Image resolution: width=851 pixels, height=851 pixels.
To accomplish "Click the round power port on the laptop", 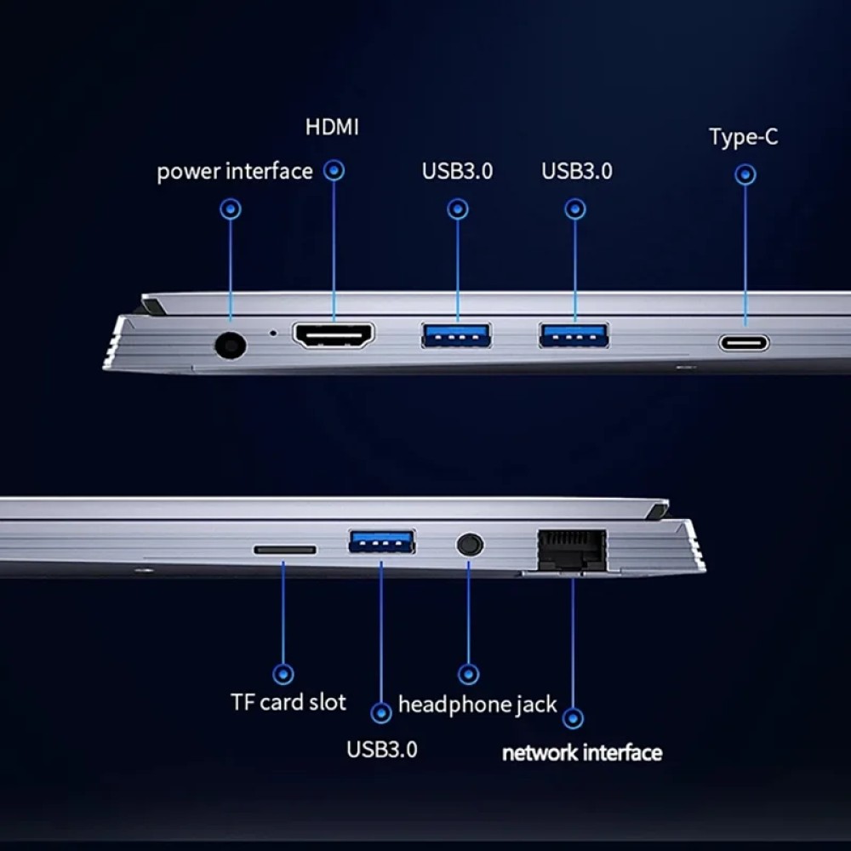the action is (x=231, y=346).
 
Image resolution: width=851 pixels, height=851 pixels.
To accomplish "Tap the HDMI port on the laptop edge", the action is (x=334, y=335).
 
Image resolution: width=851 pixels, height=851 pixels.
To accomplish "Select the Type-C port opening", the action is (x=744, y=343).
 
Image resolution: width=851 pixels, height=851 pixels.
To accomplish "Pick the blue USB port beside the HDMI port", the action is (x=457, y=334).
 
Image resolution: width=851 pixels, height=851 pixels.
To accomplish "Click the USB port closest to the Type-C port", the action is (x=574, y=334).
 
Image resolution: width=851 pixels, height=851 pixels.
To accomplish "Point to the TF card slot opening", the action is (x=285, y=550).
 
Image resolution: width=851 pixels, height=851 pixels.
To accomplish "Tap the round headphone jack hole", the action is (x=470, y=545).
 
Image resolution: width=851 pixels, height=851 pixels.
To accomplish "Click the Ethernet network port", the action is (x=572, y=550).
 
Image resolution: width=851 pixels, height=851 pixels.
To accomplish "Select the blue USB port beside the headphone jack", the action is (x=382, y=541).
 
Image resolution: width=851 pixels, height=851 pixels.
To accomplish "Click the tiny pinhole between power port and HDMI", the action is (x=273, y=334).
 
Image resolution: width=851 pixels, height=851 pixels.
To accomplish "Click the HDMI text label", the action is (x=332, y=127).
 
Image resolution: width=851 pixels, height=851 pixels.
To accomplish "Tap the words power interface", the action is (x=235, y=172).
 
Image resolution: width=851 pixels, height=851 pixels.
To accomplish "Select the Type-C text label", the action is (x=744, y=137).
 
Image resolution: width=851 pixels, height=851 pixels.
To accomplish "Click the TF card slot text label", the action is (x=288, y=702).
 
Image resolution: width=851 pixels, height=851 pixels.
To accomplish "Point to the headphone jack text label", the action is (x=477, y=705).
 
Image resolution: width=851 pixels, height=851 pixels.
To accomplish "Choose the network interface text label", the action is (x=582, y=753).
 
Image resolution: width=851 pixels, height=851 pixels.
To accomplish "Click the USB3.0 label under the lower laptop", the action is (x=382, y=750).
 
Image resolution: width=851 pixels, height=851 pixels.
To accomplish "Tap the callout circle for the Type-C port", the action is (x=745, y=174).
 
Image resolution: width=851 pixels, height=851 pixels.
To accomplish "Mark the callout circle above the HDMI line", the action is (x=334, y=170).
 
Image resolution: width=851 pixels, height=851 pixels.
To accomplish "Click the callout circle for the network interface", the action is (x=573, y=718).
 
